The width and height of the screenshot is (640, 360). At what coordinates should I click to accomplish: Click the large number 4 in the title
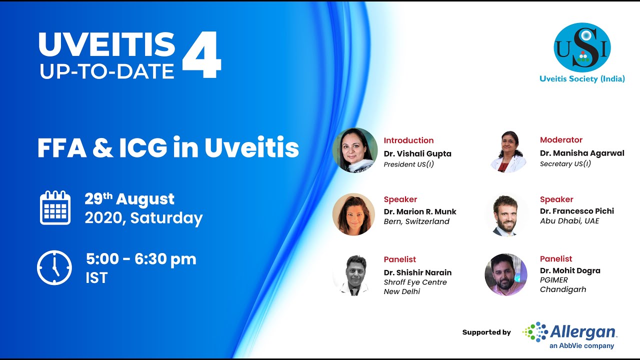tap(201, 55)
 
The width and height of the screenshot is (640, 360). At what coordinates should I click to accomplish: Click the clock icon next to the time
tap(54, 267)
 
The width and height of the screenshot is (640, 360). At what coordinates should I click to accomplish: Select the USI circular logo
tap(582, 47)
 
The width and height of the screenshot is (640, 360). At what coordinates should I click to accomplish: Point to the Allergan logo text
tap(583, 331)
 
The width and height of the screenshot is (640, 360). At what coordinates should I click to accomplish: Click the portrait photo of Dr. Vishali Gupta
tap(355, 150)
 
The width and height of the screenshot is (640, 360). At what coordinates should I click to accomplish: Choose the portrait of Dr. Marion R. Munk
tap(353, 214)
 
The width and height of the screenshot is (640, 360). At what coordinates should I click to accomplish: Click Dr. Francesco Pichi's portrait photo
tap(505, 215)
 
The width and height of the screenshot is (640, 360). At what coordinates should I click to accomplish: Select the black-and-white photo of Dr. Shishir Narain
tap(353, 275)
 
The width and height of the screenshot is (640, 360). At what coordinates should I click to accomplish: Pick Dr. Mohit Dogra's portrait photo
tap(506, 274)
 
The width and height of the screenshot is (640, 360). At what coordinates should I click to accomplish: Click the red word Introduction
tap(408, 140)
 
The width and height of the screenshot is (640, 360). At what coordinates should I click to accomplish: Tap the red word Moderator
tap(561, 140)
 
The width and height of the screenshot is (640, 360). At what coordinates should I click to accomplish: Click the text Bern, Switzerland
tap(416, 221)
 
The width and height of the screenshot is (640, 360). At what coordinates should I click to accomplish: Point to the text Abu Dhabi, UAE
tap(569, 221)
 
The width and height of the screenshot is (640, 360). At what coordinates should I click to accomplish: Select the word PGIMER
tap(553, 280)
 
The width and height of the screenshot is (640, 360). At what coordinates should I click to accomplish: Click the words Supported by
tap(486, 332)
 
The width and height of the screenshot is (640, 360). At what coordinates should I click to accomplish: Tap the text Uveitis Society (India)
tap(582, 78)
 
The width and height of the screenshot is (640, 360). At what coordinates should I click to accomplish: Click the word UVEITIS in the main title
tap(106, 45)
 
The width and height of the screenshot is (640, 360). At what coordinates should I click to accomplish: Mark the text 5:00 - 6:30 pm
tap(141, 259)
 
